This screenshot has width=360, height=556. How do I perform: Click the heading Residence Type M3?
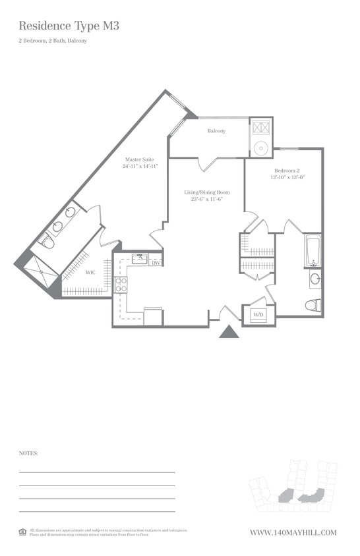[x=69, y=26]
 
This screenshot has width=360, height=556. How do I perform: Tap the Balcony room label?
[x=216, y=131]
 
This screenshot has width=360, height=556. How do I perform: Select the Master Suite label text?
[x=140, y=159]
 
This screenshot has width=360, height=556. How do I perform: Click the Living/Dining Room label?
[x=206, y=192]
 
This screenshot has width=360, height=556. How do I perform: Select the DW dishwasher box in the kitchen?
[x=156, y=262]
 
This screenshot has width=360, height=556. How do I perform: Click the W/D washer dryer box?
[x=258, y=316]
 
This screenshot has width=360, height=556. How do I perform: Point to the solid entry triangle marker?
[x=229, y=332]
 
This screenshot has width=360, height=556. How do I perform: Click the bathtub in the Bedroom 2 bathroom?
[x=313, y=250]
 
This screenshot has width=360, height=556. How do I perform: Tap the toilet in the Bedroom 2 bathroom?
[x=313, y=305]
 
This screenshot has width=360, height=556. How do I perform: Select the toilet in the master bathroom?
[x=47, y=242]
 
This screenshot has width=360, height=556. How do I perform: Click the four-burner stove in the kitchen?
[x=121, y=285]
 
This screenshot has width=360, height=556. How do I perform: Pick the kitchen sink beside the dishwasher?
[x=139, y=259]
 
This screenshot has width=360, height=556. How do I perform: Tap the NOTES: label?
[x=28, y=453]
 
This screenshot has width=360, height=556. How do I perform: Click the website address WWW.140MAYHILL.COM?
[x=293, y=532]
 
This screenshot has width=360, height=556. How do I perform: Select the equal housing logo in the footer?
[x=22, y=532]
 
